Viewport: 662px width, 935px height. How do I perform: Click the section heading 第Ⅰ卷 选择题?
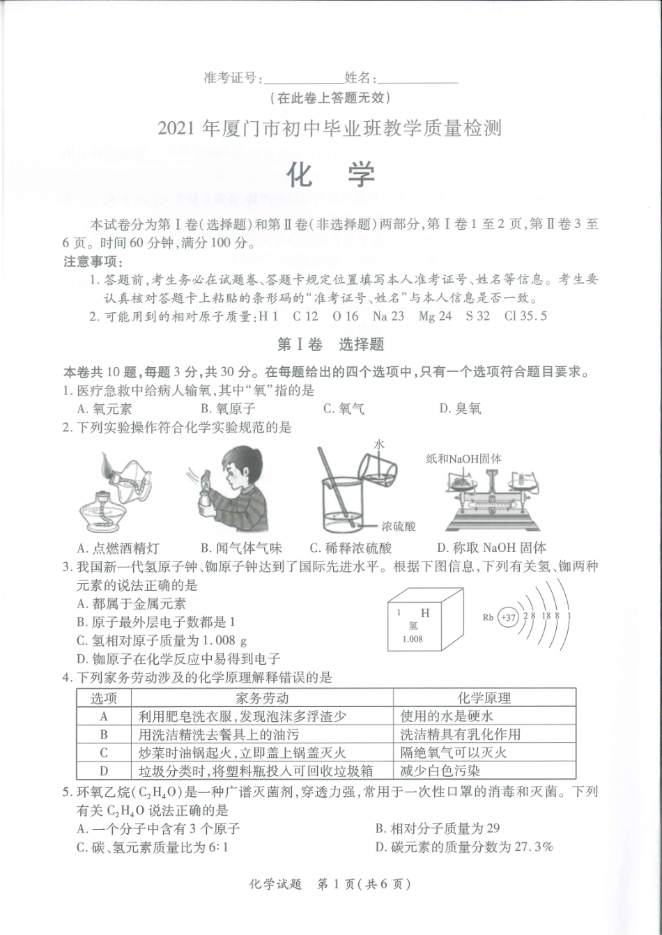click(330, 344)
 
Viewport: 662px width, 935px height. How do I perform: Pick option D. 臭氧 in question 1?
click(460, 409)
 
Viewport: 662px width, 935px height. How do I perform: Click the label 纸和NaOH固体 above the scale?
click(464, 458)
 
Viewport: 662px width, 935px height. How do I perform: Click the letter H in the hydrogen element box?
click(425, 613)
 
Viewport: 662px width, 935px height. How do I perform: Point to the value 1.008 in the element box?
click(412, 639)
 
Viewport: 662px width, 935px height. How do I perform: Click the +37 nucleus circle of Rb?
click(508, 617)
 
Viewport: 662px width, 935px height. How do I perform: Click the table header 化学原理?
click(484, 697)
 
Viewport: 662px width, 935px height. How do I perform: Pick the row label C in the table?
click(104, 752)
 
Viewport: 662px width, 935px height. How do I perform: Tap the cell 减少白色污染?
click(440, 771)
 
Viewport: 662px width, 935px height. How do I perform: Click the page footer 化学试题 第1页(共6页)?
click(330, 884)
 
